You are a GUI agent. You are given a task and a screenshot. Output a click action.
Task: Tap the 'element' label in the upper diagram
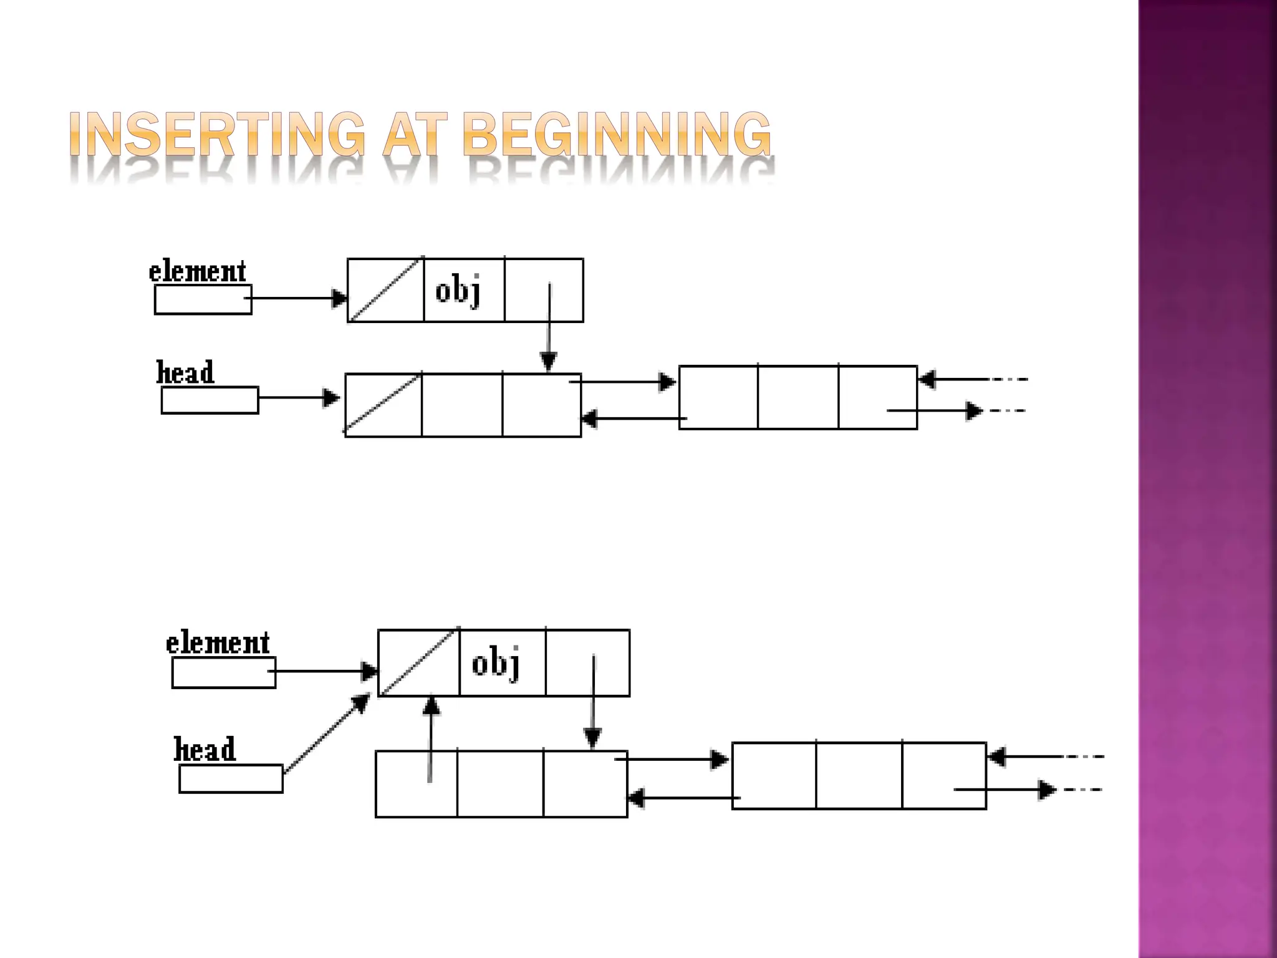197,272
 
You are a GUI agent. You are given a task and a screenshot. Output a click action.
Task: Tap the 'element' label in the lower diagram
218,643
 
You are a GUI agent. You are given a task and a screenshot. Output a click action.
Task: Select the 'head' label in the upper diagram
185,373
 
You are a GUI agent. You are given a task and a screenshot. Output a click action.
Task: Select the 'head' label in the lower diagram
205,750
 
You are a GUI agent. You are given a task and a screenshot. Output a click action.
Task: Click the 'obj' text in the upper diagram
458,291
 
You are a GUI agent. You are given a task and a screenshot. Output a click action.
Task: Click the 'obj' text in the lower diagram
496,664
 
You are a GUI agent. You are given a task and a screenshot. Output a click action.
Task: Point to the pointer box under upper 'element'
203,300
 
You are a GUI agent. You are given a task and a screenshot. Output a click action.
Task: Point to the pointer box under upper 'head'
210,400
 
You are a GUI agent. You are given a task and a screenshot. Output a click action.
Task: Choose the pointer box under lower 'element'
223,673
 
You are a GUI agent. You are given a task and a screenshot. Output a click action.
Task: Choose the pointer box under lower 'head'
231,779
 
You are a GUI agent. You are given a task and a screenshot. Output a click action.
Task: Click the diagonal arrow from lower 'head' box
326,733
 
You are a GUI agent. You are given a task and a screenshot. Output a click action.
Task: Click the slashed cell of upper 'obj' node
385,291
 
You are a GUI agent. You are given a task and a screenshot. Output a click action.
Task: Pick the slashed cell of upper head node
383,405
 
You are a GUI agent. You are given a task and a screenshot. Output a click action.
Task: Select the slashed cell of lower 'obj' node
418,663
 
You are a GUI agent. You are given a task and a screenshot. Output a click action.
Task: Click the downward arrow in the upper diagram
549,327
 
